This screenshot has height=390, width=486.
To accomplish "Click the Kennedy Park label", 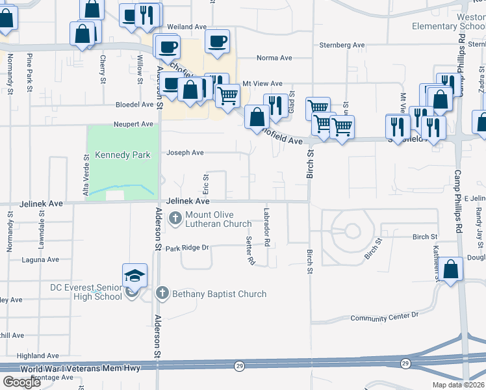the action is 123,155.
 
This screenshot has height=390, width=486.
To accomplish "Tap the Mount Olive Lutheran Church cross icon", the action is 175,218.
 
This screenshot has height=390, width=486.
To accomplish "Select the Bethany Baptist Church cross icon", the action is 162,294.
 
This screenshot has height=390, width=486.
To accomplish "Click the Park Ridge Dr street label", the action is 187,248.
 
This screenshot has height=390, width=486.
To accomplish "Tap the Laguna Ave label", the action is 39,259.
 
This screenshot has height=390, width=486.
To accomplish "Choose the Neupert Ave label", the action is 133,123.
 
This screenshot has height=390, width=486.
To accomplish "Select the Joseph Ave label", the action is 185,153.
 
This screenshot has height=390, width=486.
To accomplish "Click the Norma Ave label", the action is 274,58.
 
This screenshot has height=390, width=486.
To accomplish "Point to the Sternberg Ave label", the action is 342,45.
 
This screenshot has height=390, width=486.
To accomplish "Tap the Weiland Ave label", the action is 186,27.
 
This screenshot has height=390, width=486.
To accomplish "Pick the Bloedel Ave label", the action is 133,104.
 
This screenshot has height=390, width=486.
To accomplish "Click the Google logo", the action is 21,382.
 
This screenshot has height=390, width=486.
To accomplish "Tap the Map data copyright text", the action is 458,385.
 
